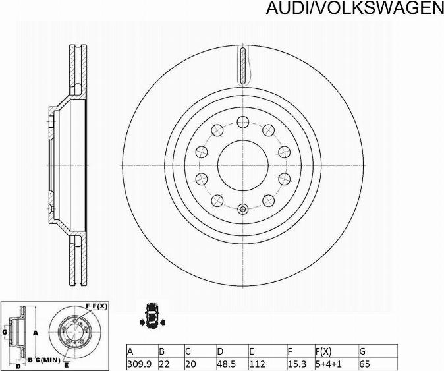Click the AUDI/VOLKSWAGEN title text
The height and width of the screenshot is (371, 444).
click(x=354, y=8)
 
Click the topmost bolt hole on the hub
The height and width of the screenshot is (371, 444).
click(x=242, y=121)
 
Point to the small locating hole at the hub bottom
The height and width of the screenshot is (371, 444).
click(x=242, y=210)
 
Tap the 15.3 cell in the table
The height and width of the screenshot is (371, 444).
click(x=294, y=363)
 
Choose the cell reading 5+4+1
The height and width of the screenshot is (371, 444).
click(x=328, y=363)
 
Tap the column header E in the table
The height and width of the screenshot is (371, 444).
click(x=251, y=351)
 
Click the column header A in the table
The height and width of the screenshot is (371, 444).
click(x=130, y=351)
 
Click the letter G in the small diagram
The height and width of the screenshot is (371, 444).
click(x=5, y=332)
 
